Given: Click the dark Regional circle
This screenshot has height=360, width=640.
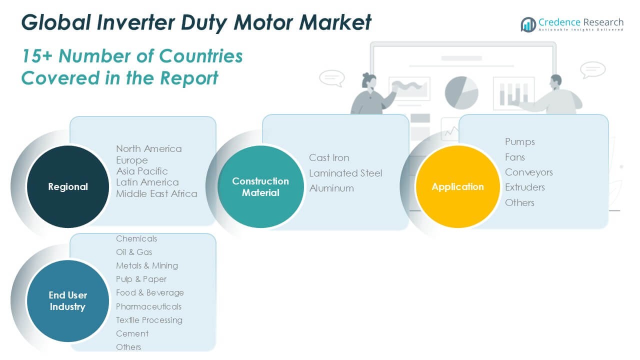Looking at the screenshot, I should (67, 186).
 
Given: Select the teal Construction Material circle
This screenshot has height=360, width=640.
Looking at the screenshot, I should (260, 186).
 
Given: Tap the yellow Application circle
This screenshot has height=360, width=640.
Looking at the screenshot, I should (457, 186).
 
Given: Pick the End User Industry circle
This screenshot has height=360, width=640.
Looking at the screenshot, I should (67, 301).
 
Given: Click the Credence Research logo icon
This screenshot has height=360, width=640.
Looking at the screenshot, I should (528, 24).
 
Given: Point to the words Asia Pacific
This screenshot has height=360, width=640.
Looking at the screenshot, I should (142, 171).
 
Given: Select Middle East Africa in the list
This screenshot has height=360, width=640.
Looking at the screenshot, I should (156, 193).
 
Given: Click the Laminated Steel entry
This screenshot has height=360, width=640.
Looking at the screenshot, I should (345, 173).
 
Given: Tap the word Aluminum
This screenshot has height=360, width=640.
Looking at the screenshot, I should (331, 188).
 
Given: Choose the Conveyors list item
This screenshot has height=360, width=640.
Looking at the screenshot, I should (529, 172).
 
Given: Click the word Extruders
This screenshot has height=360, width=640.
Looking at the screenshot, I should (525, 187).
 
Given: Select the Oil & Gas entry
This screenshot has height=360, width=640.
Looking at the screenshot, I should (134, 252).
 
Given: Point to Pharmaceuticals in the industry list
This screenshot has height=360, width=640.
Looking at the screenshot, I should (148, 306).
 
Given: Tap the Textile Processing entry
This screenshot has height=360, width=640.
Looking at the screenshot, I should (149, 320).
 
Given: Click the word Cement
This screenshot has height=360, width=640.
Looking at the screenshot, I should (132, 333).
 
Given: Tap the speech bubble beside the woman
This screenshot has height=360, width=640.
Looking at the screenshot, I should (331, 78).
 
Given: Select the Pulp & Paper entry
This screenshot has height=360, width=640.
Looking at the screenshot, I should (141, 279).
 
